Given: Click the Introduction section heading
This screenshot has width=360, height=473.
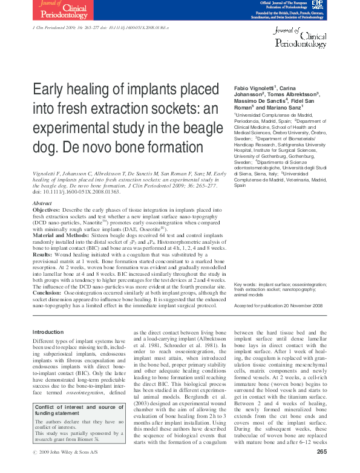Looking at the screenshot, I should (48, 332).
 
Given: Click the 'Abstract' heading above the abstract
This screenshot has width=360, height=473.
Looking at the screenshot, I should (42, 203).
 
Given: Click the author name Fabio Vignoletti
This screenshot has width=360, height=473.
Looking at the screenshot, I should (254, 88).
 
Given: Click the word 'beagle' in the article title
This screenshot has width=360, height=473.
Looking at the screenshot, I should (178, 129).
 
